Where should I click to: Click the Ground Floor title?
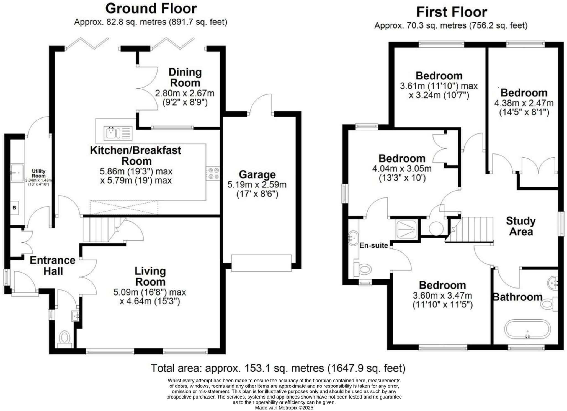[x=151, y=9]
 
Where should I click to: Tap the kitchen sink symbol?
[x=118, y=133]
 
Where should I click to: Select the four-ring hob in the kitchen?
[x=213, y=173]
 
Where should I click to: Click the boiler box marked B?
[x=14, y=207]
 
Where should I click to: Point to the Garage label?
[x=257, y=174]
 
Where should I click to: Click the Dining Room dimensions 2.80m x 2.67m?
[x=185, y=93]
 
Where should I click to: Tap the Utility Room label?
[x=38, y=173]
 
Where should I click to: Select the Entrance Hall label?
[x=53, y=265]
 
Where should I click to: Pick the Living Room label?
[x=150, y=276]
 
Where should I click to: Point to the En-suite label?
[x=373, y=245]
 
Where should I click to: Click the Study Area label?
[x=521, y=226]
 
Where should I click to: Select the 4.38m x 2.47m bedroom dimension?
[x=524, y=103]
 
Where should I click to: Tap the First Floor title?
[x=452, y=12]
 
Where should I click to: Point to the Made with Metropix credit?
[x=284, y=408]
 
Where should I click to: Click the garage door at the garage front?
[x=261, y=263]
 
